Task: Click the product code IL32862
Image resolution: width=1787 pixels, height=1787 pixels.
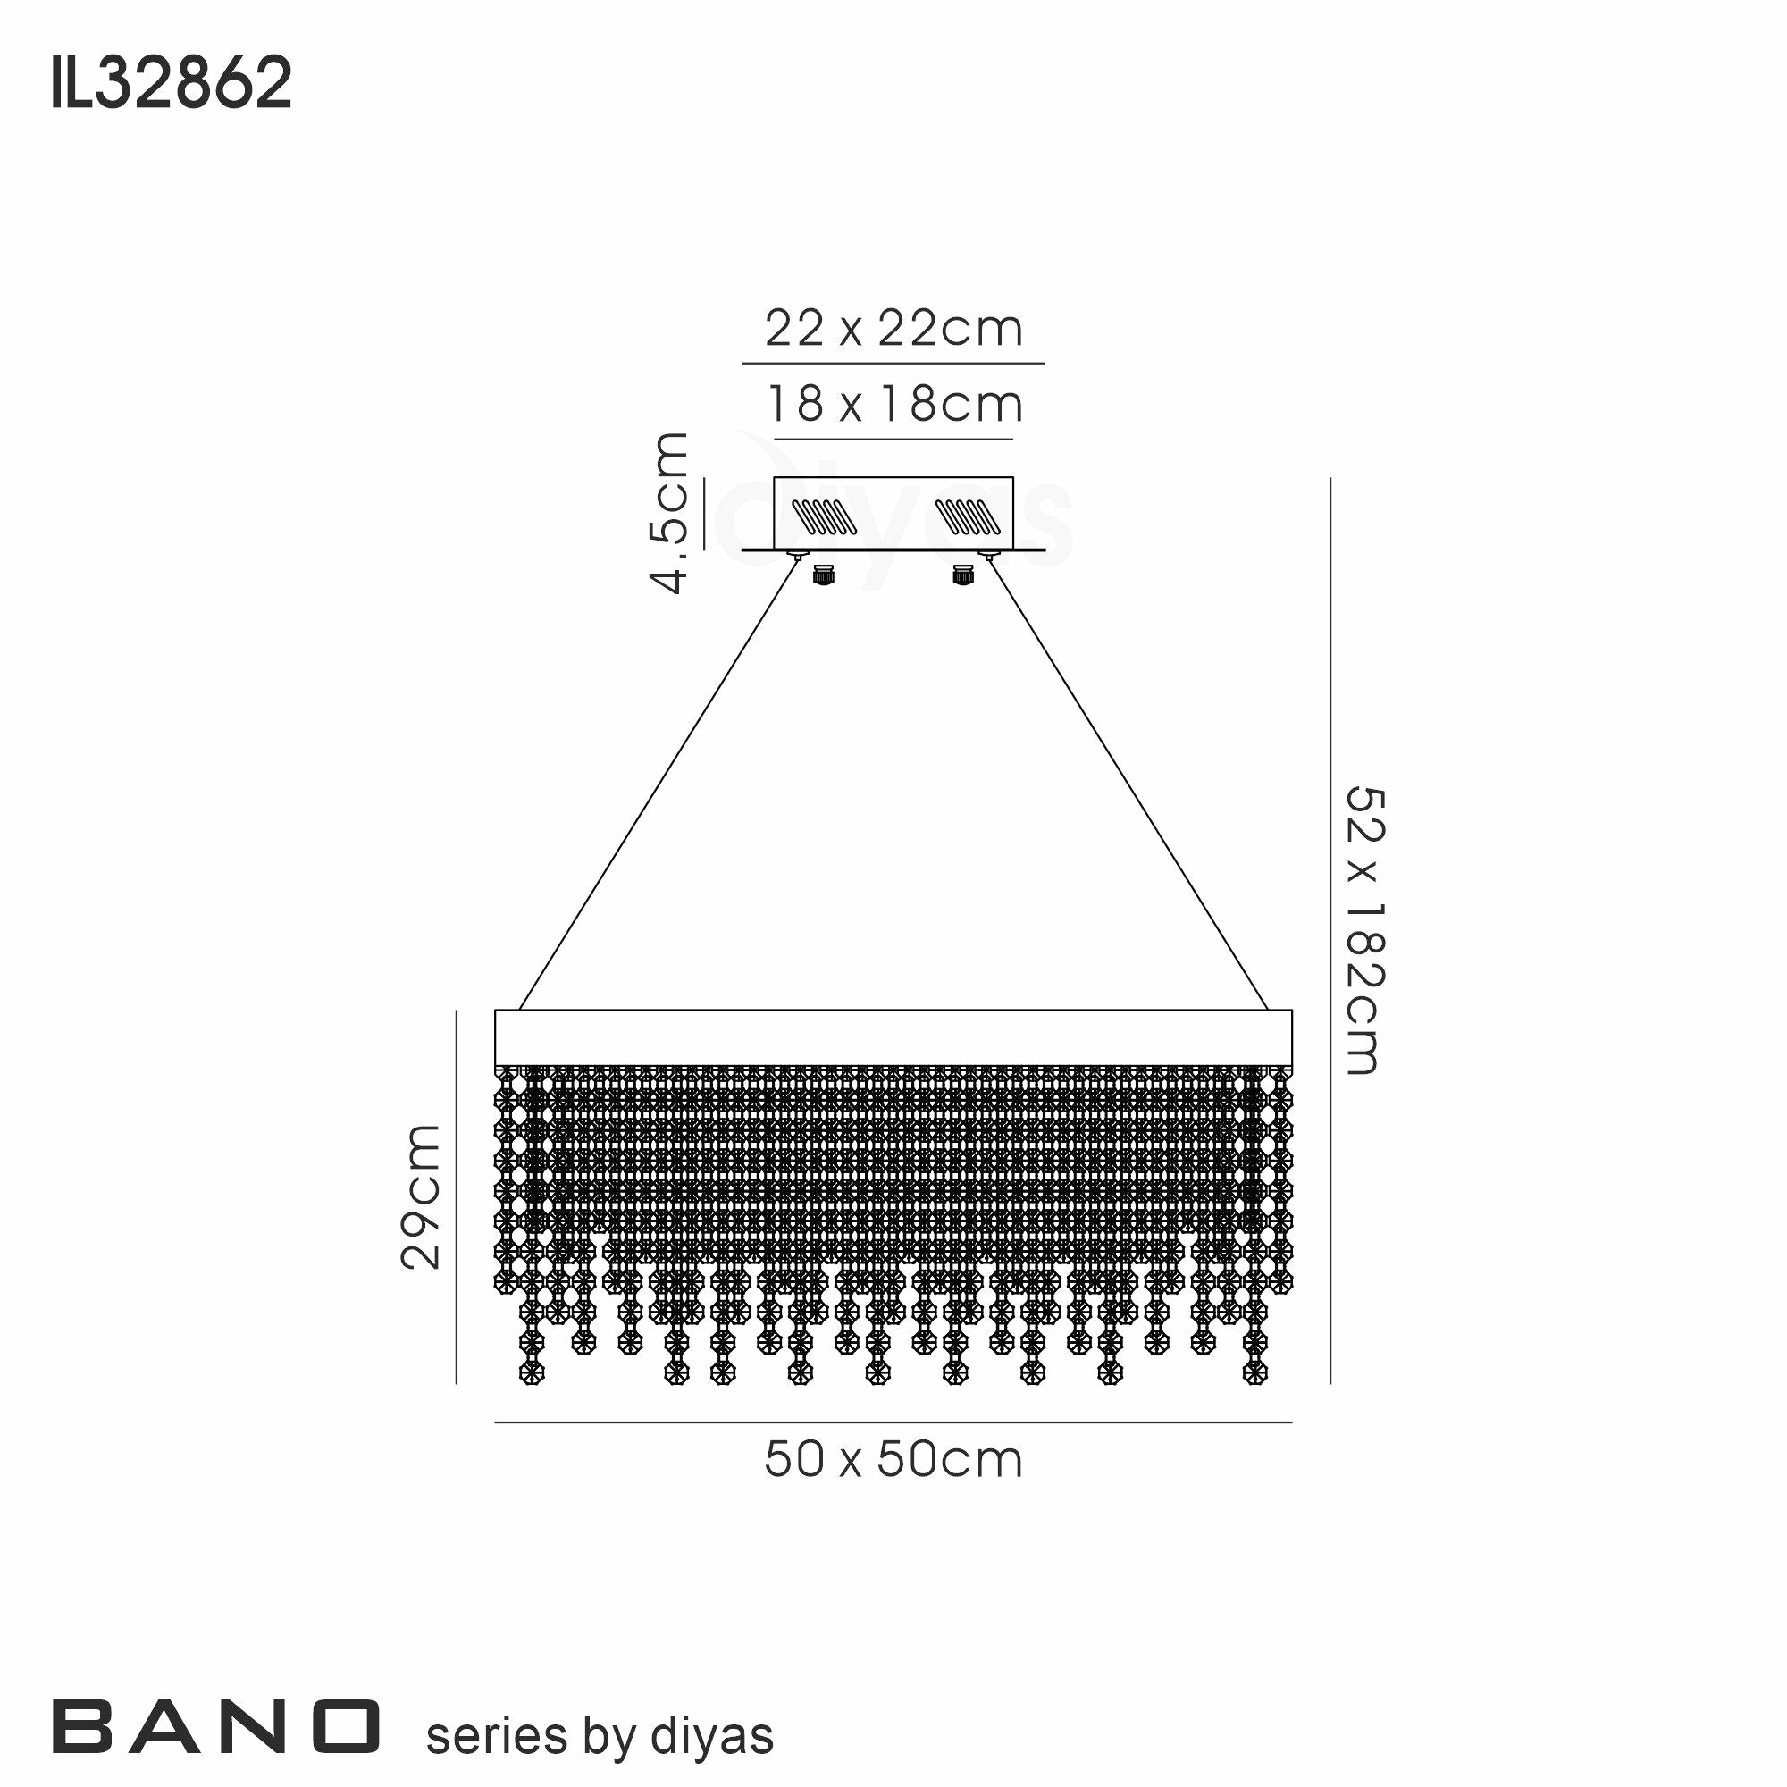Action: point(172,83)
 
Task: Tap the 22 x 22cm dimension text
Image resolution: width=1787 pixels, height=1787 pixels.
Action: point(893,330)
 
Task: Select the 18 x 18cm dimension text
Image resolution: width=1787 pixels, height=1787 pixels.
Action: point(893,405)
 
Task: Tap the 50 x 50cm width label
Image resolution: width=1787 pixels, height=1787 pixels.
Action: point(893,1461)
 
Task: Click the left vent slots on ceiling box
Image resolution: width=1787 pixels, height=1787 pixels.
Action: point(825,517)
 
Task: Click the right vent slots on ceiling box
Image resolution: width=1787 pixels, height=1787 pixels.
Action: point(968,517)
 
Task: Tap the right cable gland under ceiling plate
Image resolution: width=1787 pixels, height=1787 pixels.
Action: point(962,575)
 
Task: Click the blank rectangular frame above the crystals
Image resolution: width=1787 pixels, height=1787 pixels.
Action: point(893,1036)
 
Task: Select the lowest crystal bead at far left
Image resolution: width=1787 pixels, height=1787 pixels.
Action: point(531,1372)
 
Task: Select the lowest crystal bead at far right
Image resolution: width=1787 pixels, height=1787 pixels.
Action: point(1254,1372)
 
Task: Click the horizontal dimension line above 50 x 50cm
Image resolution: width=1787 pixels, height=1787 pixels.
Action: point(893,1422)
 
